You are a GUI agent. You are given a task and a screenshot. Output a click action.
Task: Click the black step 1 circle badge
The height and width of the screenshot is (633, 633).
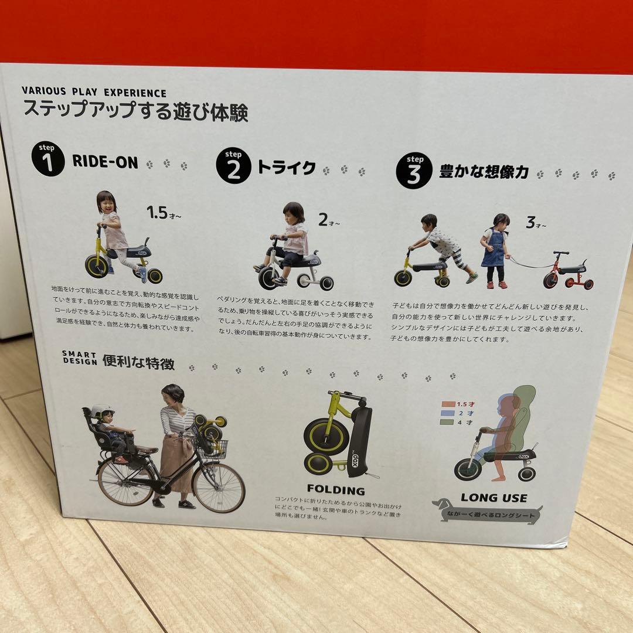[x=47, y=159]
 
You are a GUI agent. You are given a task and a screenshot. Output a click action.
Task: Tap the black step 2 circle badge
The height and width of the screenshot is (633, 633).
[x=233, y=167]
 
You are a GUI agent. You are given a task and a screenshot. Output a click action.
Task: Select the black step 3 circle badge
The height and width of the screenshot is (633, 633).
[x=414, y=171]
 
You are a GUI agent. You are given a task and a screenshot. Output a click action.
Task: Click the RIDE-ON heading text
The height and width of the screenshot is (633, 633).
[x=105, y=162]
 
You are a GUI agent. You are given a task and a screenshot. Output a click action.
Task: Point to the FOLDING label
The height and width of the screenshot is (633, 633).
[x=336, y=490]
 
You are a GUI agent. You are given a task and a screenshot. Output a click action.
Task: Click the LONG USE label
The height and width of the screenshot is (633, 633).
[x=494, y=498]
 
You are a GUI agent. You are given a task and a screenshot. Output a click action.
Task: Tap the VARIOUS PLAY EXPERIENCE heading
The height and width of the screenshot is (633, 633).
[x=94, y=93]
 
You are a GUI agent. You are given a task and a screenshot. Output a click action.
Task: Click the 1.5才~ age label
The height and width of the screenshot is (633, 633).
[x=164, y=213]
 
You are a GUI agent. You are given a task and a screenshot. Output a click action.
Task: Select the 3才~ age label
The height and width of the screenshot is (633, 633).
[x=535, y=223]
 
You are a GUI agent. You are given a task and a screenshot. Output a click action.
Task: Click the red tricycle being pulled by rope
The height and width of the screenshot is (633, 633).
[x=567, y=273]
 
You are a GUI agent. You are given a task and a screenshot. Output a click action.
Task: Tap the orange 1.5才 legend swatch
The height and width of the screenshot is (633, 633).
[x=447, y=403]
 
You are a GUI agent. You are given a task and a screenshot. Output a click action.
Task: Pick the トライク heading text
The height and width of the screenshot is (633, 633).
[x=286, y=168]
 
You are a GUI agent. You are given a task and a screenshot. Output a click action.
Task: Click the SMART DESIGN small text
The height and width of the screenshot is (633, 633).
[x=79, y=358]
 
